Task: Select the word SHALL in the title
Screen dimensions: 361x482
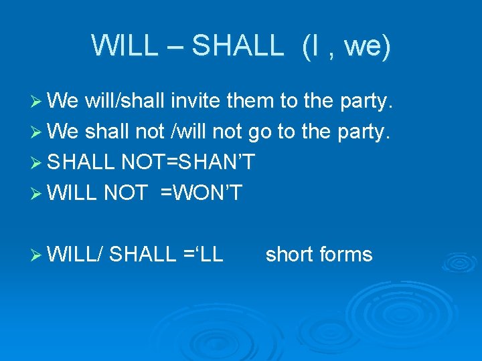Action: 238,45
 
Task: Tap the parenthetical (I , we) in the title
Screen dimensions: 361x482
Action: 346,46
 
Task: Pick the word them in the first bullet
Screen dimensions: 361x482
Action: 250,102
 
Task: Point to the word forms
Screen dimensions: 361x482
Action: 346,254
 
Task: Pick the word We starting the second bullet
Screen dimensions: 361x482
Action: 64,132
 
